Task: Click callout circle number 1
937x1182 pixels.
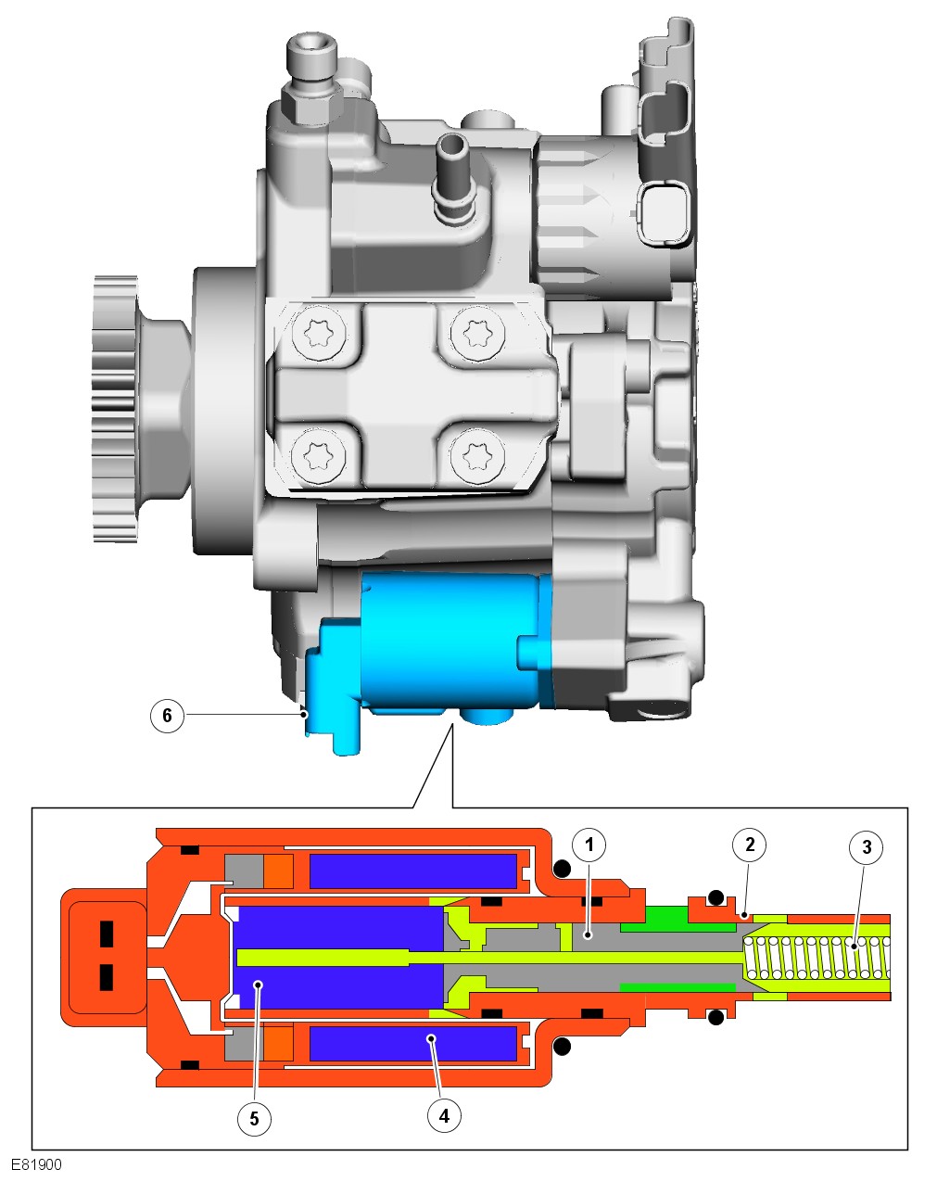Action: click(589, 845)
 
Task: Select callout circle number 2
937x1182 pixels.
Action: click(750, 845)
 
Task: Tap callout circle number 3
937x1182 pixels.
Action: click(867, 847)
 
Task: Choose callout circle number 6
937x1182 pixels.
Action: click(168, 715)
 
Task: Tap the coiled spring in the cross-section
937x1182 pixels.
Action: click(817, 958)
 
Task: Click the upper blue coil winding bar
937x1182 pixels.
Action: click(413, 871)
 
